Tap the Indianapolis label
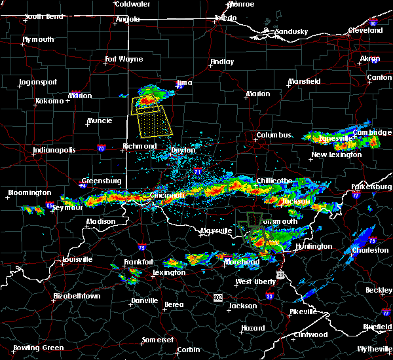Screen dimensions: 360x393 (54, 150)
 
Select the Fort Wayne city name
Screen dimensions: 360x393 (124, 60)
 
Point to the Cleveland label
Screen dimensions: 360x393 (365, 31)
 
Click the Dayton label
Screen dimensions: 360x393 (183, 150)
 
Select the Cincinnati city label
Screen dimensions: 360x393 (168, 194)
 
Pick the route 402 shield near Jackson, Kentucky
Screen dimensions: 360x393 (217, 298)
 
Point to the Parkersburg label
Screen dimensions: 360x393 (371, 187)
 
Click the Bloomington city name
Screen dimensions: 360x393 (28, 192)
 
